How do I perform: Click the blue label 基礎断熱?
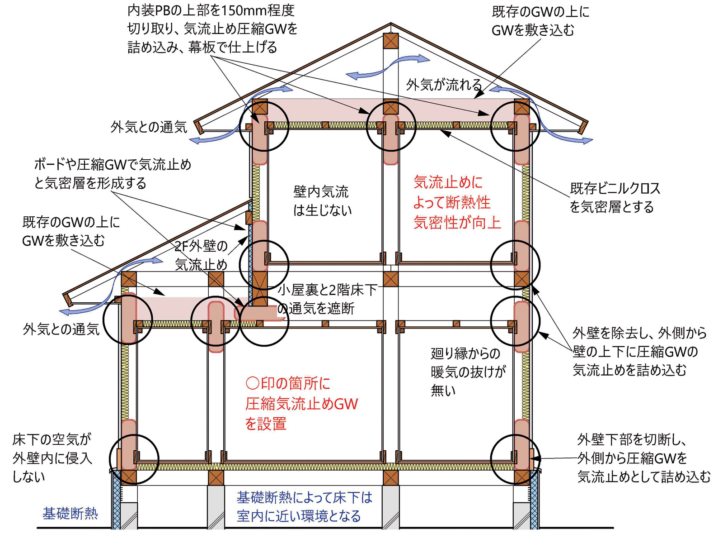pyautogui.click(x=70, y=513)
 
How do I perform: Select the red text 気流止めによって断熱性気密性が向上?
pyautogui.click(x=456, y=202)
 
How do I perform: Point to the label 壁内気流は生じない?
pyautogui.click(x=322, y=200)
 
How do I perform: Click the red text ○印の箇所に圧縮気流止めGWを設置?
pyautogui.click(x=301, y=403)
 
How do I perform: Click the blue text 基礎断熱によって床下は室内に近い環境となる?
pyautogui.click(x=304, y=506)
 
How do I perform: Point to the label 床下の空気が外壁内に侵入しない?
pyautogui.click(x=52, y=458)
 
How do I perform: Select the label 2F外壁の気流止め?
pyautogui.click(x=201, y=255)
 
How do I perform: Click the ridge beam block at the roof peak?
pyautogui.click(x=390, y=41)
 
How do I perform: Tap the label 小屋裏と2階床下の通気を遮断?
pyautogui.click(x=326, y=299)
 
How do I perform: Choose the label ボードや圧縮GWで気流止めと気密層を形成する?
pyautogui.click(x=113, y=173)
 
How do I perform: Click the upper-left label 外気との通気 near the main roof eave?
pyautogui.click(x=149, y=127)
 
